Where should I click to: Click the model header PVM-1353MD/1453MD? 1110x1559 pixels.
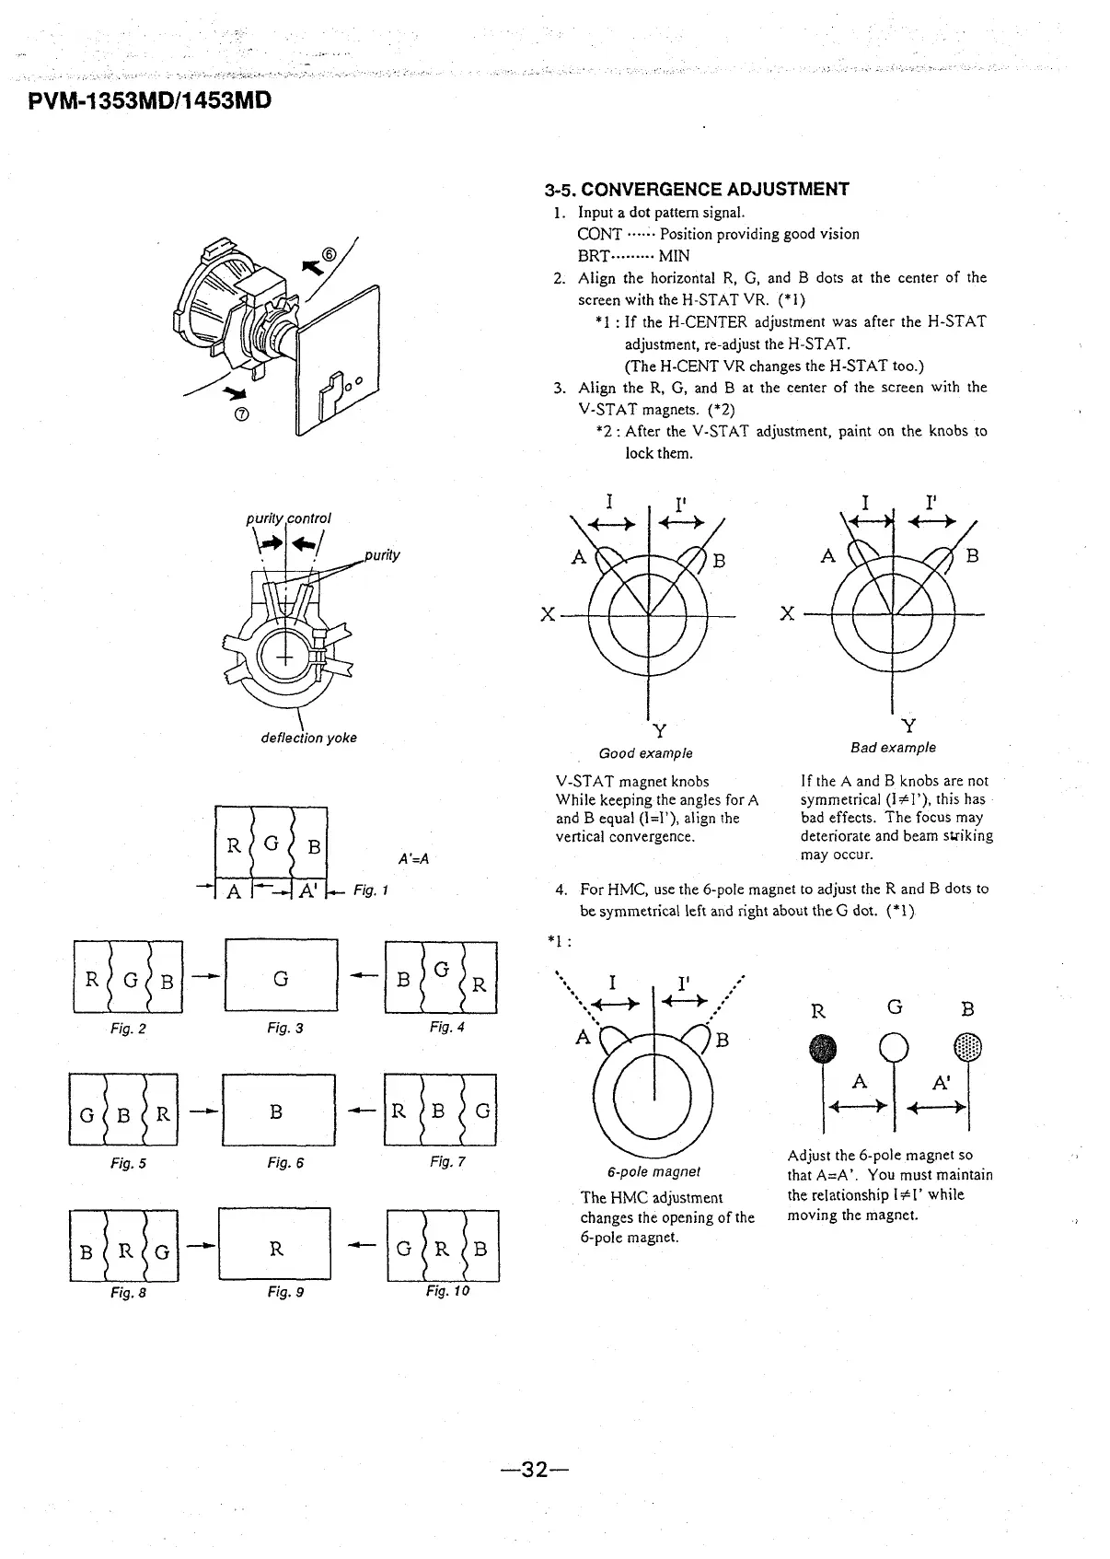point(151,99)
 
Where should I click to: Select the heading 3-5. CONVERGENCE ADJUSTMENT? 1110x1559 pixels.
point(697,190)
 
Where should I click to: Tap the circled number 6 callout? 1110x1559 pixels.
point(330,255)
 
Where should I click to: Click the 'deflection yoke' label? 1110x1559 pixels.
point(309,738)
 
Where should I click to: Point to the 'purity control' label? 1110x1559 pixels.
point(288,518)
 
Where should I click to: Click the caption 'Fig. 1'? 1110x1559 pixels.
point(373,890)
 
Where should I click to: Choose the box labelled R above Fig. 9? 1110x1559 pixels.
point(275,1248)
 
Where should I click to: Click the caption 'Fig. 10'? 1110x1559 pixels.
point(447,1291)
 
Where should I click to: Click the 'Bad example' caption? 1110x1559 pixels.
point(893,748)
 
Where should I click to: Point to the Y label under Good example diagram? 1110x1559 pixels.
point(659,732)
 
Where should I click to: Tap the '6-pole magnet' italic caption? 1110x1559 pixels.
point(653,1172)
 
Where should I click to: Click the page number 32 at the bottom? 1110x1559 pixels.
point(535,1470)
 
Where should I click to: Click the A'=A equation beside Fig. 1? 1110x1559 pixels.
point(414,859)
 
